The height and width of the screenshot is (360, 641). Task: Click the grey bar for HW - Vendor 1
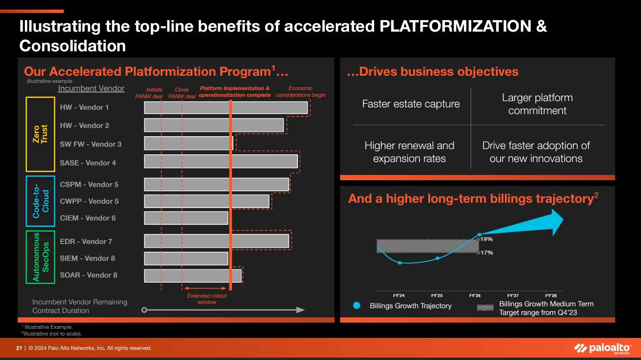(226, 107)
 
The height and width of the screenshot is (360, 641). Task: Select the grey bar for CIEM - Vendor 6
(186, 218)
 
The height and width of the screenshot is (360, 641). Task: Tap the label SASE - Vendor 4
(88, 163)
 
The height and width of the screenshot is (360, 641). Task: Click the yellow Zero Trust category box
(40, 134)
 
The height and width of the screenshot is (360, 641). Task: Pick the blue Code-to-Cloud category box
(40, 201)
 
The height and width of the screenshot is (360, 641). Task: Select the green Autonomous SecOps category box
(40, 257)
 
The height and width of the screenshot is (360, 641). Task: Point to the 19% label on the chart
(487, 239)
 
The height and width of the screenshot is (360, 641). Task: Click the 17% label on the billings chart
(487, 253)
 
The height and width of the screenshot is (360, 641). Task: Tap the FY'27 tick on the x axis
(513, 296)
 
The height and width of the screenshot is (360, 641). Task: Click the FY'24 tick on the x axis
(399, 296)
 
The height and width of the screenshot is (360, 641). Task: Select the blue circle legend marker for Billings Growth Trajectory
(356, 305)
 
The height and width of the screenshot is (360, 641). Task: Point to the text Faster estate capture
(411, 104)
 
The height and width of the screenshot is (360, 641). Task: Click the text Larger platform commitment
(537, 104)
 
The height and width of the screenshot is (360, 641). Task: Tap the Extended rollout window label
(206, 299)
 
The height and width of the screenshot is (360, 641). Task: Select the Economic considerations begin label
(300, 92)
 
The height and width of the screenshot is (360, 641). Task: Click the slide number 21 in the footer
(19, 348)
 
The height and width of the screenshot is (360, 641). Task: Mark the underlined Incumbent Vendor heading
(91, 89)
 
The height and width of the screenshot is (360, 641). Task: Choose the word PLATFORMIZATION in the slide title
(456, 26)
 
